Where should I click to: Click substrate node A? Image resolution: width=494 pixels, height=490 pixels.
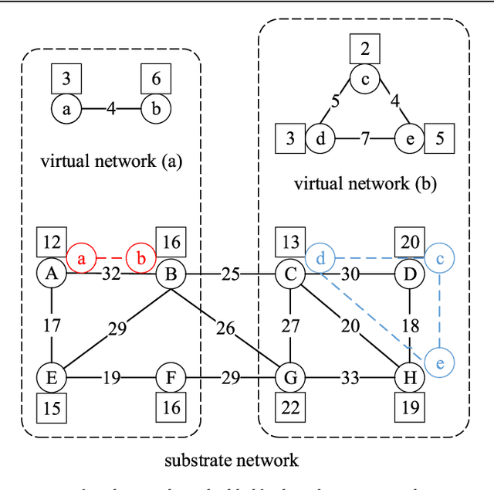(x=51, y=272)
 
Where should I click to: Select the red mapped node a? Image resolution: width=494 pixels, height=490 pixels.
(x=81, y=257)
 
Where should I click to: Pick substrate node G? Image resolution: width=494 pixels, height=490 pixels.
(x=290, y=378)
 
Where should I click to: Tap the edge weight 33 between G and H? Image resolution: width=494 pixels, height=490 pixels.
(x=349, y=378)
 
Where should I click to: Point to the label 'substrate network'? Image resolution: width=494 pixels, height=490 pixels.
(x=231, y=461)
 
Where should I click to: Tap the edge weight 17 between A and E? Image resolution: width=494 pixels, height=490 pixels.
(x=51, y=325)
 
